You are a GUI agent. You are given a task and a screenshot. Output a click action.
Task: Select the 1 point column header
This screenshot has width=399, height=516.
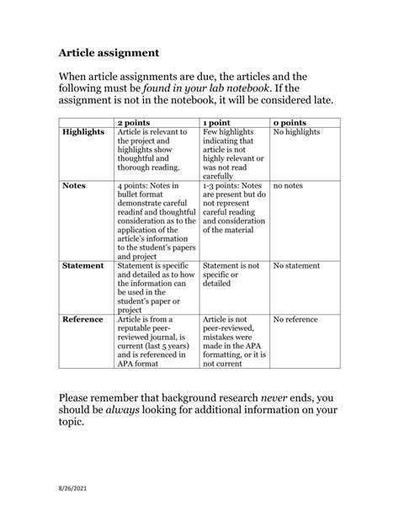[220, 122]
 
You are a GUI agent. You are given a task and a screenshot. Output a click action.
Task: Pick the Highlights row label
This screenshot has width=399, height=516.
[83, 132]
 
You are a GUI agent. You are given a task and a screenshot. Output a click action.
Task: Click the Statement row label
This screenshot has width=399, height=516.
[83, 265]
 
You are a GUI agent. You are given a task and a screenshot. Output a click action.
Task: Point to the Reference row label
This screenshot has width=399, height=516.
[82, 320]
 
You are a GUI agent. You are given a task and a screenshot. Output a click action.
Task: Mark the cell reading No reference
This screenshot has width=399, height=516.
[297, 320]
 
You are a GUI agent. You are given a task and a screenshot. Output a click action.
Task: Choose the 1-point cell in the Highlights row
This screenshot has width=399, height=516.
[234, 154]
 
